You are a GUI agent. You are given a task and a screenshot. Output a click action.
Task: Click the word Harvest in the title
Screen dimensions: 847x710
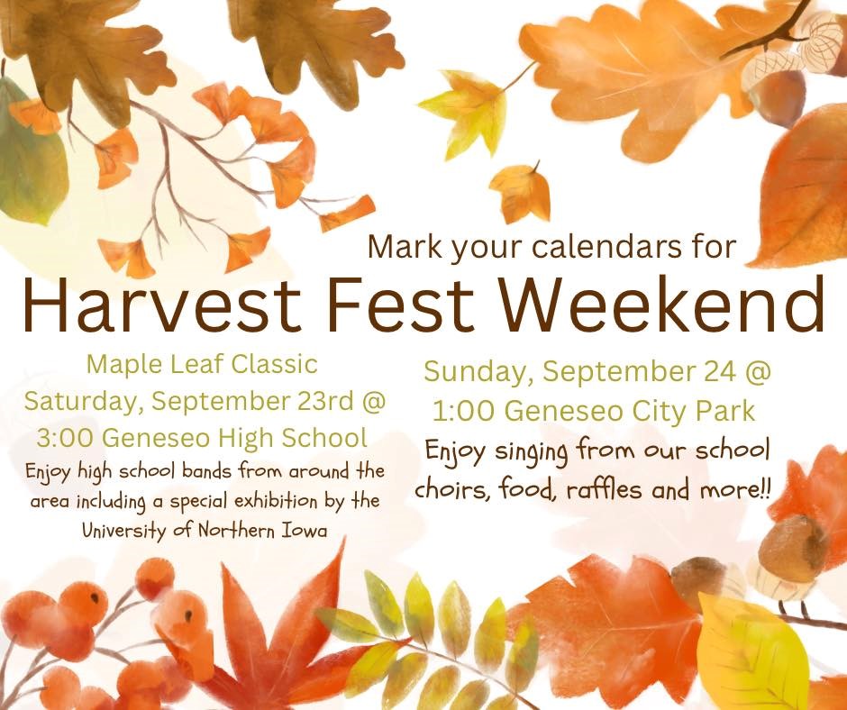162,305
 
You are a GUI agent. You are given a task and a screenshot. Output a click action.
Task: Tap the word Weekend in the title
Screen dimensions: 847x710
660,305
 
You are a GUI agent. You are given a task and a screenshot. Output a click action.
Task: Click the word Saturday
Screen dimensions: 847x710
84,403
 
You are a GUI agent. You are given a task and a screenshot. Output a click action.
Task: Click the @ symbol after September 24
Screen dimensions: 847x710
759,372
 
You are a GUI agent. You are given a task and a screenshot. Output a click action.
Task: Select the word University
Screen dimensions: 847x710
123,532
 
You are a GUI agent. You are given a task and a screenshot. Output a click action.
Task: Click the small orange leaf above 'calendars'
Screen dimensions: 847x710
520,191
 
